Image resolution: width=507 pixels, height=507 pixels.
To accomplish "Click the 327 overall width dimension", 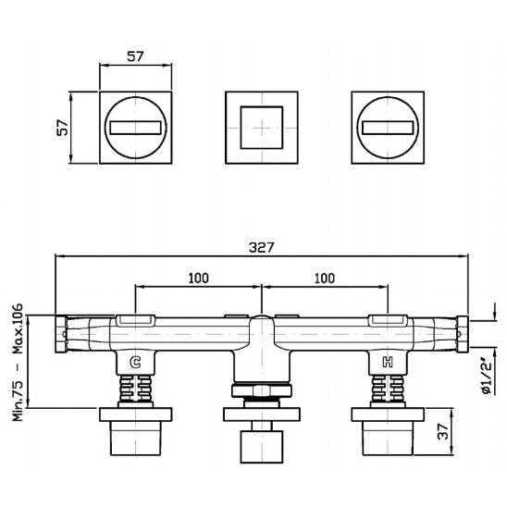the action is [261, 248].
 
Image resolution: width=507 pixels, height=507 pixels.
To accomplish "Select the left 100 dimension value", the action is [199, 278].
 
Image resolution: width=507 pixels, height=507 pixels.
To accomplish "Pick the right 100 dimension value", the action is [325, 278].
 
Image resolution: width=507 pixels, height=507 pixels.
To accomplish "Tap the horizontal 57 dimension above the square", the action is [135, 56].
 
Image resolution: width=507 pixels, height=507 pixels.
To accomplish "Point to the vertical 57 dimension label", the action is [63, 128].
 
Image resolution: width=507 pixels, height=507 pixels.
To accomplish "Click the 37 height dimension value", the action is [443, 431].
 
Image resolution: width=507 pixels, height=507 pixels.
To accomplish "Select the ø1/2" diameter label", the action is [487, 376].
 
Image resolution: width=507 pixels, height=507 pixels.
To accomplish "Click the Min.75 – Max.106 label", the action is [18, 362].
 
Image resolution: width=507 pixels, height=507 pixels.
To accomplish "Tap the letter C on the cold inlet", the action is [135, 362].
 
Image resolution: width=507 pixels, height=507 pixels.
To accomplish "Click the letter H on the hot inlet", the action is [388, 362].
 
